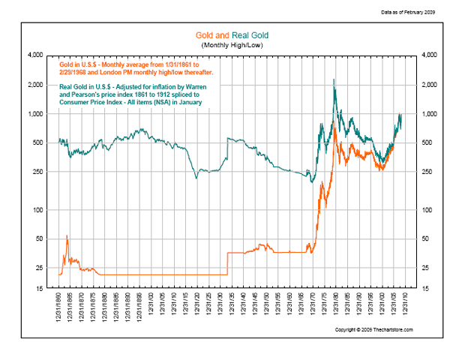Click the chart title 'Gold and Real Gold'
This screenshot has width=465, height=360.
point(232,36)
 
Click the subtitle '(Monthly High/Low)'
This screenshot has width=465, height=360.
point(232,46)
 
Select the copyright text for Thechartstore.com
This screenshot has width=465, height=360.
point(373,330)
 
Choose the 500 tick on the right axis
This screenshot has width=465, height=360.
point(430,142)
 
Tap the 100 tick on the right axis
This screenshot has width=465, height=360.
point(430,210)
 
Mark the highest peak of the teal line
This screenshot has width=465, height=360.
point(333,79)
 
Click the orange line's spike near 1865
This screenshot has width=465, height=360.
point(67,235)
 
